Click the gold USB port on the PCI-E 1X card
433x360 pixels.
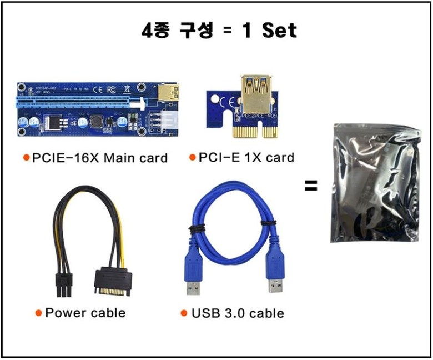[255, 92]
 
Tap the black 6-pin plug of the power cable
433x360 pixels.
[64, 283]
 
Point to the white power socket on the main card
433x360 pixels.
[165, 119]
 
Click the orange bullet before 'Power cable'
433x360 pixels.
[38, 313]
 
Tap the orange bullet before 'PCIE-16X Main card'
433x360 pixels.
[26, 158]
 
